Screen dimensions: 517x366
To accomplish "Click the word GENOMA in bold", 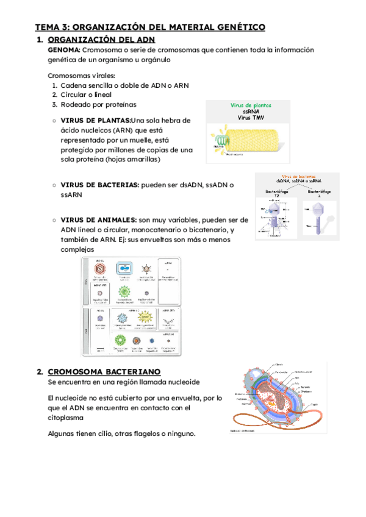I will tap(63, 49).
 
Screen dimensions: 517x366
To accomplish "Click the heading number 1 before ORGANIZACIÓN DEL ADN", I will tap(39, 40).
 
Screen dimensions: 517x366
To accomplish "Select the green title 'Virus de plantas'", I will tap(251, 105).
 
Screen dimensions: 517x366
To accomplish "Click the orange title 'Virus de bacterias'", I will tap(298, 176).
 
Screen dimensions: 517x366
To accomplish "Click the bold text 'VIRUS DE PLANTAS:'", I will tap(96, 120).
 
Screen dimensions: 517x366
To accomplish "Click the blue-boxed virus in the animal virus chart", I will tap(122, 268).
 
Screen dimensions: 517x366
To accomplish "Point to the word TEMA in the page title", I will tap(47, 27).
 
